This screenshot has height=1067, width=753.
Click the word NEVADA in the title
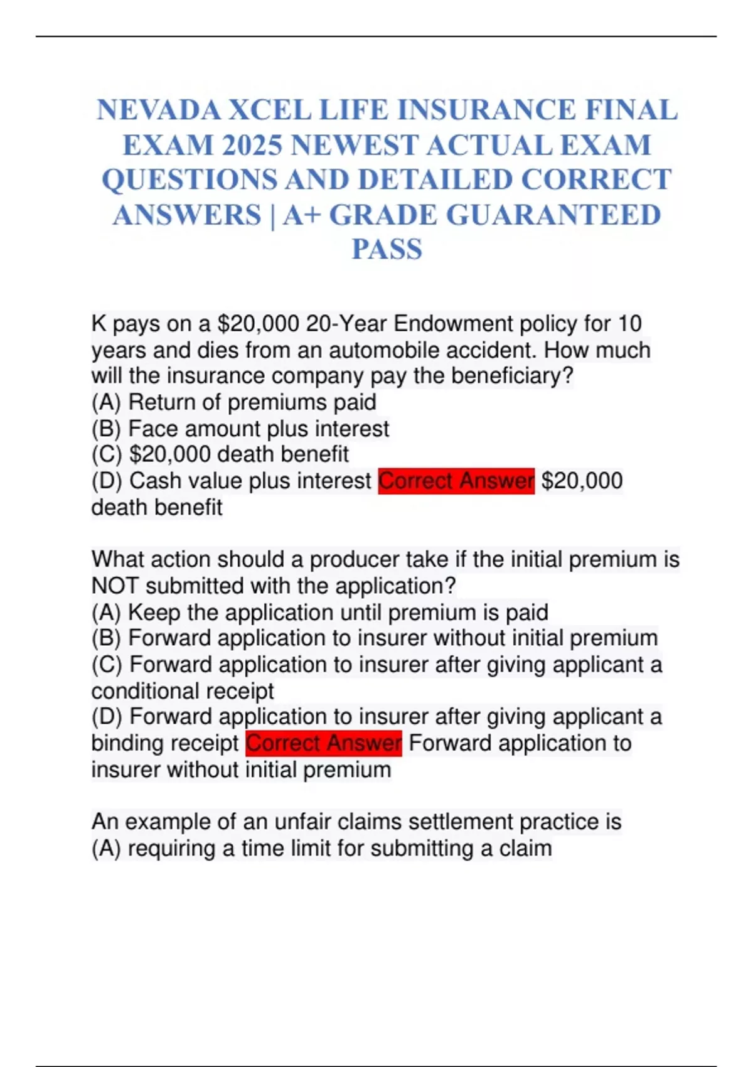159,110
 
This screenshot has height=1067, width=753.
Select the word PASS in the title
387,249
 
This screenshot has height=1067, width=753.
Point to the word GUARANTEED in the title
553,215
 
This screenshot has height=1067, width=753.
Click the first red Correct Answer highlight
456,481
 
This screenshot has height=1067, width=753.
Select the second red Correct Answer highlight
323,743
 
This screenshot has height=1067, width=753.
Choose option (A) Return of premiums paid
234,402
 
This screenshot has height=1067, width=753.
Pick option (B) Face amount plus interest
240,429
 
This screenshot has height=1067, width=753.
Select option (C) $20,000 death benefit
220,454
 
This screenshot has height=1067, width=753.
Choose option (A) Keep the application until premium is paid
320,613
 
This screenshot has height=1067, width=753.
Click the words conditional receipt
183,691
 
